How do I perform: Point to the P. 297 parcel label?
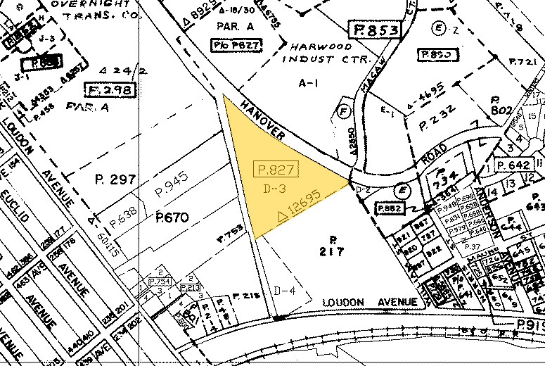[x=113, y=181]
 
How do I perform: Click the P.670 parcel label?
[x=172, y=218]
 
